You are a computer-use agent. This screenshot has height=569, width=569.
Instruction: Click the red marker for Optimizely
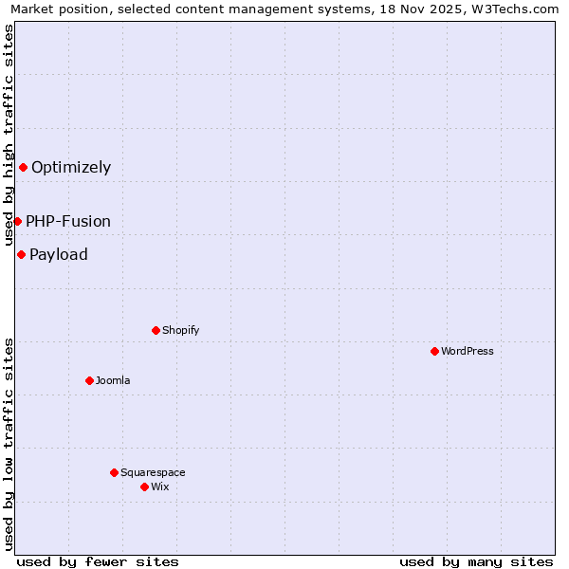coord(23,168)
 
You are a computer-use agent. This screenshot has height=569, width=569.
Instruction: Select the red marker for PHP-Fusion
coord(17,221)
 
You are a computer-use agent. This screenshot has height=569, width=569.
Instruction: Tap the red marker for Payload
coord(21,254)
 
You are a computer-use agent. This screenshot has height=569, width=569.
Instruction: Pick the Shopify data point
coord(156,330)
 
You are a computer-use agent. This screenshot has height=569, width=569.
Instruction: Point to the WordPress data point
coord(434,351)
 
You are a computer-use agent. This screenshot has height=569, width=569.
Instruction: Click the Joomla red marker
coord(89,380)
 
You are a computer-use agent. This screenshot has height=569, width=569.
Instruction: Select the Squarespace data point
coord(114,472)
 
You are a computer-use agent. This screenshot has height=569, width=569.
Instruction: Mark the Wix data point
coord(144,486)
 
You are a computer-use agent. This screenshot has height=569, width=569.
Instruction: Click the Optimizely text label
coord(71,168)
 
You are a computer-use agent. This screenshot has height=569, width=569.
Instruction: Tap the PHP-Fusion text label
coord(68,221)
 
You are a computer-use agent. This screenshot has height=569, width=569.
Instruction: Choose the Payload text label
coord(59,254)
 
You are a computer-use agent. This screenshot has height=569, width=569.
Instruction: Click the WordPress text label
coord(468,351)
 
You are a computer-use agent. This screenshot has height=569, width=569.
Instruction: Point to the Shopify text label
coord(180,330)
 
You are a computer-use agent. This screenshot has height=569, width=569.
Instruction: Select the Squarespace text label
coord(153,472)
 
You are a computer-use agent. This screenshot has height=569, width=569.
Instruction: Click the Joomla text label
coord(113,380)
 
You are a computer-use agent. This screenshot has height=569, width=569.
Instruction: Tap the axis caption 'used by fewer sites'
coord(98,561)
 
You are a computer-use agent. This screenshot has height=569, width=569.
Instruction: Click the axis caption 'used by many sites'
coord(476,561)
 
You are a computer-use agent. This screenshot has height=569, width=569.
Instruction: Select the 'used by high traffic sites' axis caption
coord(9,135)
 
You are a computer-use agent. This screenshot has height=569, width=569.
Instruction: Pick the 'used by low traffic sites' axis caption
coord(9,443)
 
